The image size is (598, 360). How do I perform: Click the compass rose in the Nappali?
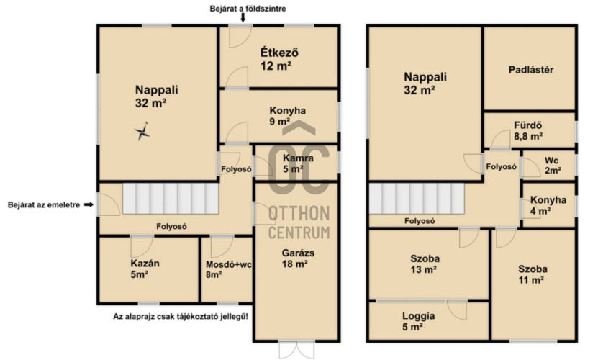click(142, 131)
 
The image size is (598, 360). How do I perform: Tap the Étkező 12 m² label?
click(278, 59)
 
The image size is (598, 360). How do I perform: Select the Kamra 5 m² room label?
click(298, 163)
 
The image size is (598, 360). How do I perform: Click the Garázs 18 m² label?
click(298, 258)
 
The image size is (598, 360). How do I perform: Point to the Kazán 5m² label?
click(145, 269)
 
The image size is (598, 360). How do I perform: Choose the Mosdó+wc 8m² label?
click(228, 269)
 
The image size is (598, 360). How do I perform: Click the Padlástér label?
click(531, 70)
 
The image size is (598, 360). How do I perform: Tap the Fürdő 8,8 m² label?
click(528, 130)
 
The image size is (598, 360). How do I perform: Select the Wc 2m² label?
click(552, 166)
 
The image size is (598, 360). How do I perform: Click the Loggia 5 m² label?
click(418, 321)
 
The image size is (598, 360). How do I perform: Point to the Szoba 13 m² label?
click(425, 264)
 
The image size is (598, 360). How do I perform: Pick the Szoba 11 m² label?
click(533, 274)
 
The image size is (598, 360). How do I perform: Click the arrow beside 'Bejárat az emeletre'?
click(89, 204)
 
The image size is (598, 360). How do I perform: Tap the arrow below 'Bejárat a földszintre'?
click(243, 17)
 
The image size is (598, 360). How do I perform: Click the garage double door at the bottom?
click(296, 349)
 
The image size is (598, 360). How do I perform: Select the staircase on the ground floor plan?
click(171, 199)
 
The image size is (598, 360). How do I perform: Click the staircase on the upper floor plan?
click(417, 199)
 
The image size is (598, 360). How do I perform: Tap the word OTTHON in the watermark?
click(299, 214)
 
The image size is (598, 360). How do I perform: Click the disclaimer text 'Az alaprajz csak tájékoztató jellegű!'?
click(181, 317)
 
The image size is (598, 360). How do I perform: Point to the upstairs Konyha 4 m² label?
click(548, 205)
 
